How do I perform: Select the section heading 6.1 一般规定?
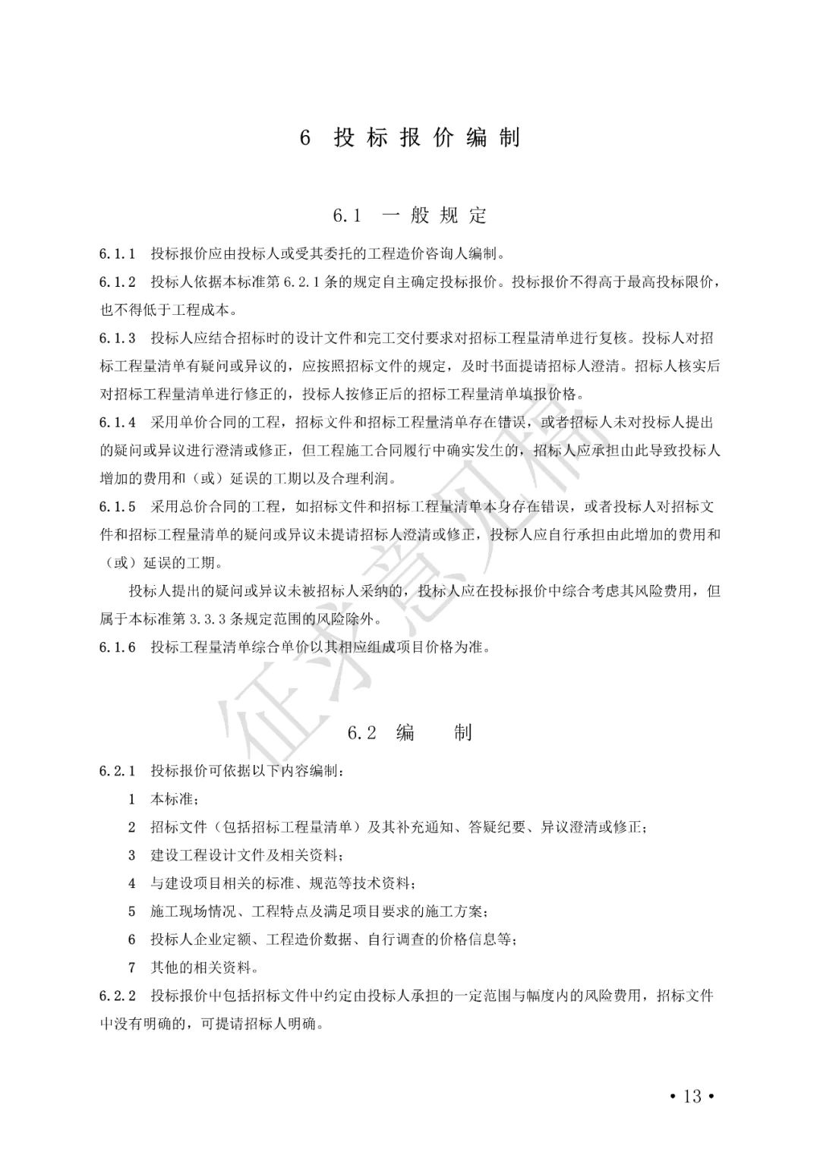pyautogui.click(x=410, y=216)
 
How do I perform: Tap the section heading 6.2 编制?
pyautogui.click(x=410, y=732)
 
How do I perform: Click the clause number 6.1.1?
pyautogui.click(x=118, y=253)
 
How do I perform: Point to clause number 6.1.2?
pyautogui.click(x=118, y=282)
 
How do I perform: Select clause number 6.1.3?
pyautogui.click(x=118, y=338)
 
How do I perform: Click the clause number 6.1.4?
pyautogui.click(x=118, y=423)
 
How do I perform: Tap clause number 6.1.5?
pyautogui.click(x=118, y=507)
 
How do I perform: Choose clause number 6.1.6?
pyautogui.click(x=118, y=647)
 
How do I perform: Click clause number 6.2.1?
pyautogui.click(x=118, y=771)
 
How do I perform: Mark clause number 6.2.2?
pyautogui.click(x=118, y=996)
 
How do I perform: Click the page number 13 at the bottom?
pyautogui.click(x=692, y=1096)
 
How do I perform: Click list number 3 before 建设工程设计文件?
pyautogui.click(x=132, y=855)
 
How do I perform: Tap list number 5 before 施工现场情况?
pyautogui.click(x=132, y=911)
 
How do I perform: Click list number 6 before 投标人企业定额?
pyautogui.click(x=132, y=939)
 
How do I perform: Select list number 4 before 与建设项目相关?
pyautogui.click(x=132, y=883)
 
